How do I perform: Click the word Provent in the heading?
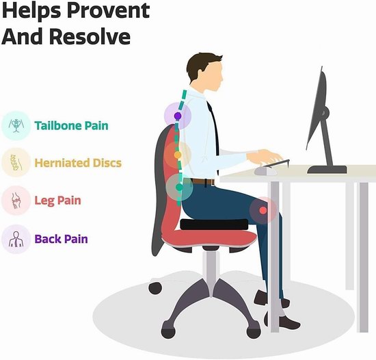108,11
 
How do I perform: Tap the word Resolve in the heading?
90,36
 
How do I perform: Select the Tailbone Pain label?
72,125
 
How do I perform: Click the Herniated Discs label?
78,163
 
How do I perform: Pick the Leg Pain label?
58,201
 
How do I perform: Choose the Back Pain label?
62,239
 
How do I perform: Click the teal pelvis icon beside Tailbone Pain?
16,125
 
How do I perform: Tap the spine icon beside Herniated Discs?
16,162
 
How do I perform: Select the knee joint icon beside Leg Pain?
16,201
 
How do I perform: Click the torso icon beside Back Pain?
16,239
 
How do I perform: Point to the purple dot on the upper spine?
178,116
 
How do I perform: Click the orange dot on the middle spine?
178,155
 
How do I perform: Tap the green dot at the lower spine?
179,187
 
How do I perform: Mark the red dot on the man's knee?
263,211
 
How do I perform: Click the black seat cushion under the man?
214,224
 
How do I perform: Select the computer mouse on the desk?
266,171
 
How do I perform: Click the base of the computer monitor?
327,170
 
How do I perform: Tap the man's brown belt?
202,182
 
